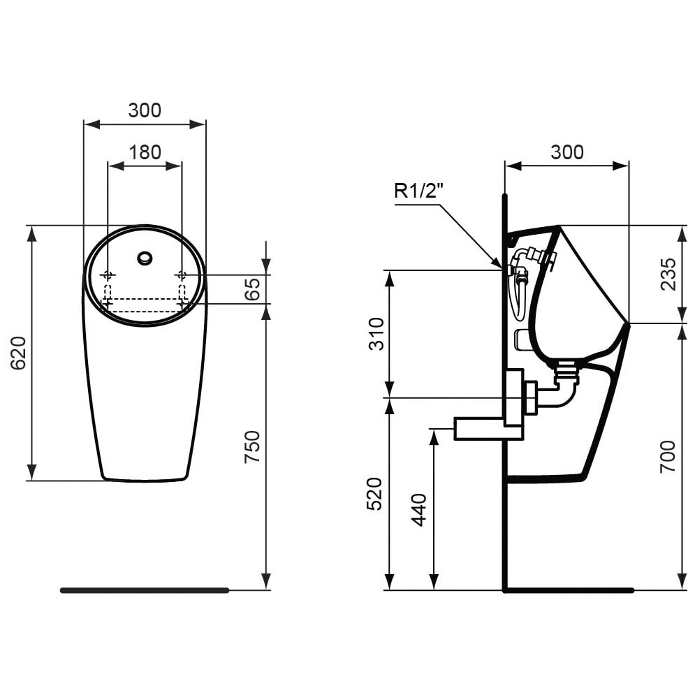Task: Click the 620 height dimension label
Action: [19, 353]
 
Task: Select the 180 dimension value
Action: [145, 152]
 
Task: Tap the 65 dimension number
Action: [252, 289]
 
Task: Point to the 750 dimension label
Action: [252, 447]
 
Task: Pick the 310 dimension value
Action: [376, 334]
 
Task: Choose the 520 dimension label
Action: [374, 494]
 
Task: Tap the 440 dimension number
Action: [419, 510]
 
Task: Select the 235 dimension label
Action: [668, 275]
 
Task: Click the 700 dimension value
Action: [668, 457]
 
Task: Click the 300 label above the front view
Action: [145, 110]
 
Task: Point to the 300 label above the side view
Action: [567, 152]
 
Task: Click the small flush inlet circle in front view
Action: [145, 258]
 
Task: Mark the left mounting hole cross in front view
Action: [108, 275]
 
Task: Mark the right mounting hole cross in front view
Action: [181, 275]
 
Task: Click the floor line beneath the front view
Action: [145, 590]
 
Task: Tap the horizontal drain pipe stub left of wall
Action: [478, 429]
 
